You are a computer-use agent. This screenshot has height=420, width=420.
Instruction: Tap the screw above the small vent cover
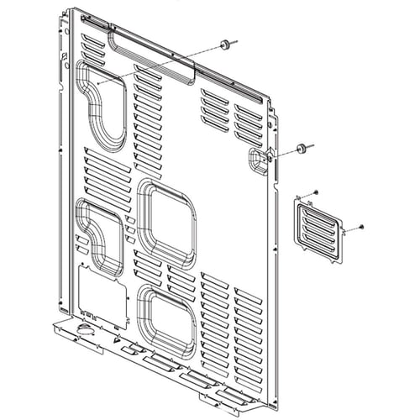coord(314,192)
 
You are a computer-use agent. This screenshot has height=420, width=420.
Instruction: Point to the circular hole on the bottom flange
coord(84,328)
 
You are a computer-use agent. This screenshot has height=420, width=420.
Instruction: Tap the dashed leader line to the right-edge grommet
coord(282,155)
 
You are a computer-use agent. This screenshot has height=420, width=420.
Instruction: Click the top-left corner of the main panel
coord(71,10)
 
